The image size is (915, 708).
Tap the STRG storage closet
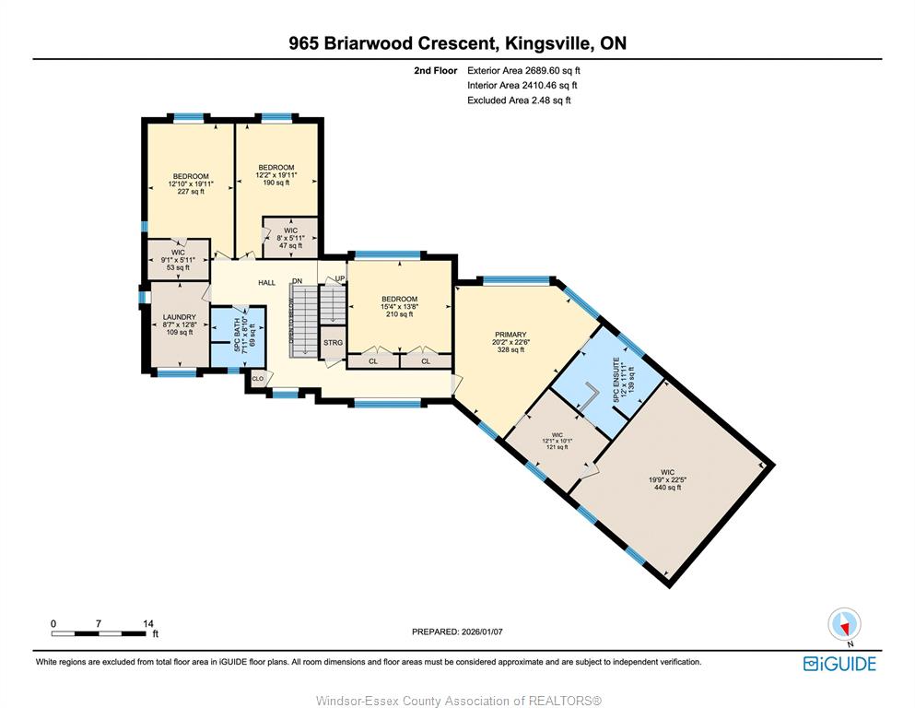click(334, 343)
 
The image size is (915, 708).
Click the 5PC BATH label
click(238, 335)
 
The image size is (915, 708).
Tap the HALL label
click(266, 282)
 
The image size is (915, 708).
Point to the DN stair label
click(298, 281)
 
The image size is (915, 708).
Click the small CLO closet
click(257, 379)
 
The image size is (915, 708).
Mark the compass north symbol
click(844, 625)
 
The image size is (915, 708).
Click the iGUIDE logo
click(839, 665)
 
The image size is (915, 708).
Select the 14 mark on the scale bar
click(148, 623)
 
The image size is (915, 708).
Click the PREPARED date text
click(457, 631)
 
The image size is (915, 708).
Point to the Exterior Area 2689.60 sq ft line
click(523, 71)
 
